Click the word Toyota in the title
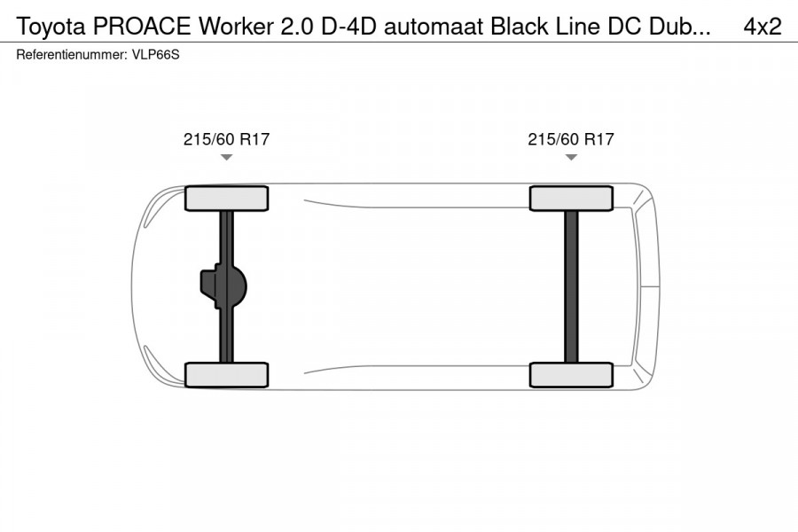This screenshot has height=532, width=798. (51, 27)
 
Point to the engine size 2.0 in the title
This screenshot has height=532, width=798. (296, 27)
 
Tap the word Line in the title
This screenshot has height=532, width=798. (572, 27)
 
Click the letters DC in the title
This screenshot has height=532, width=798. (622, 27)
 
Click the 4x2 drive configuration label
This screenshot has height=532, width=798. (762, 27)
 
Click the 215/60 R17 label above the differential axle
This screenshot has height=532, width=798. (226, 139)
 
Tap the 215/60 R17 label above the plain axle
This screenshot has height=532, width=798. (571, 139)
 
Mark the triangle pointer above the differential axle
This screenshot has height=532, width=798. (226, 157)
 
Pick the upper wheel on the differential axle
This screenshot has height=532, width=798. (226, 198)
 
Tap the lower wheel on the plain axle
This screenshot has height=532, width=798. (571, 374)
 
